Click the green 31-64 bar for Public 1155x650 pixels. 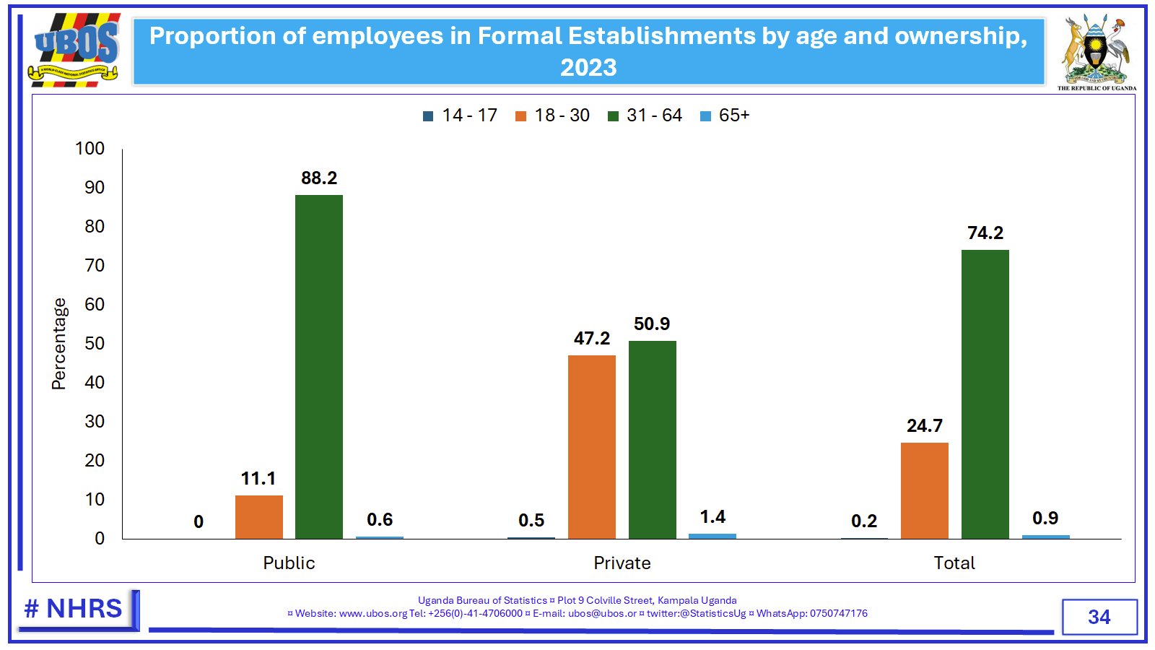pos(318,367)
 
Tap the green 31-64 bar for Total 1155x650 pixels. pos(985,394)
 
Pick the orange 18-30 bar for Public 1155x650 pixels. pos(258,516)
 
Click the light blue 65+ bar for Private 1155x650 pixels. pos(712,536)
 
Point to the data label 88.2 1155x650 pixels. pos(319,178)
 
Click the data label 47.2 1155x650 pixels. pos(591,338)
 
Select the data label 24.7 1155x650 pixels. pos(924,425)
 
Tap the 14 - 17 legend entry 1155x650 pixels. pos(460,116)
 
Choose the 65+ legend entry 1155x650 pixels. pos(725,116)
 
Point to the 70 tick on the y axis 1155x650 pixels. pos(95,265)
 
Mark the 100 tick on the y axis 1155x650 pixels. pos(90,148)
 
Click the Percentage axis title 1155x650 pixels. pos(58,344)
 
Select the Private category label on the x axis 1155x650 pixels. pos(622,563)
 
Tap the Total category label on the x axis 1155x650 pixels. pos(954,563)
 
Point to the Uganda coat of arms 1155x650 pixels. pos(1096,51)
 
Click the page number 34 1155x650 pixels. pos(1099,617)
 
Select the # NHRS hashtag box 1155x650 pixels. pos(74,609)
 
